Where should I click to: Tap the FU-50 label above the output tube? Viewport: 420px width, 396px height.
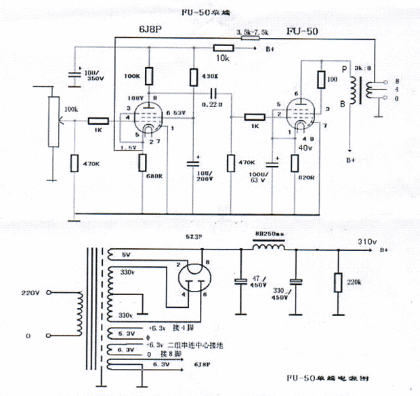303,31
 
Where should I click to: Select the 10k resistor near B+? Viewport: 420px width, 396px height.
223,47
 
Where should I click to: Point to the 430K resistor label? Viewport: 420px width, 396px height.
211,75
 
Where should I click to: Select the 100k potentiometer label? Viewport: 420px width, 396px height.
70,109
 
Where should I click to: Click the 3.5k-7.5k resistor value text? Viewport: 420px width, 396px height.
253,31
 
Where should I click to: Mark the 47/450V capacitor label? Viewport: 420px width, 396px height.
259,283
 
